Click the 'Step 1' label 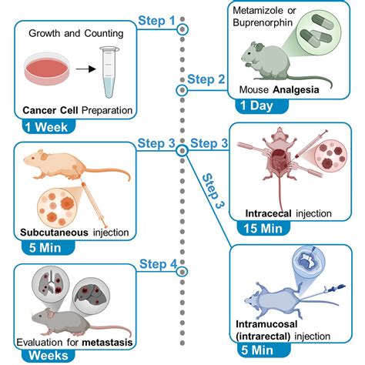pos(156,21)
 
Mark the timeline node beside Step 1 pos(182,29)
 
